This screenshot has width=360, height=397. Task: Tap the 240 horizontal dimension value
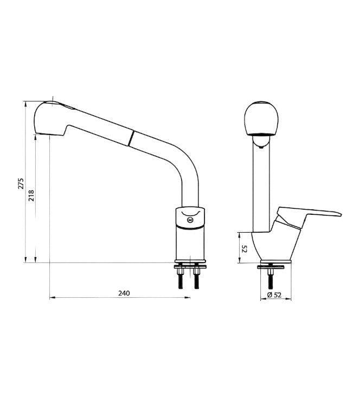pos(124,293)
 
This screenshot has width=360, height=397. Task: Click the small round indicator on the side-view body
pos(189,220)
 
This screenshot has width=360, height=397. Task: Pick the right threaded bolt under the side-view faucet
pos(196,280)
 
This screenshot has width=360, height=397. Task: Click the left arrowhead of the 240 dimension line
pos(51,298)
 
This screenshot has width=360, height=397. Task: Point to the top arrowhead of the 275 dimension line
pos(25,103)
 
